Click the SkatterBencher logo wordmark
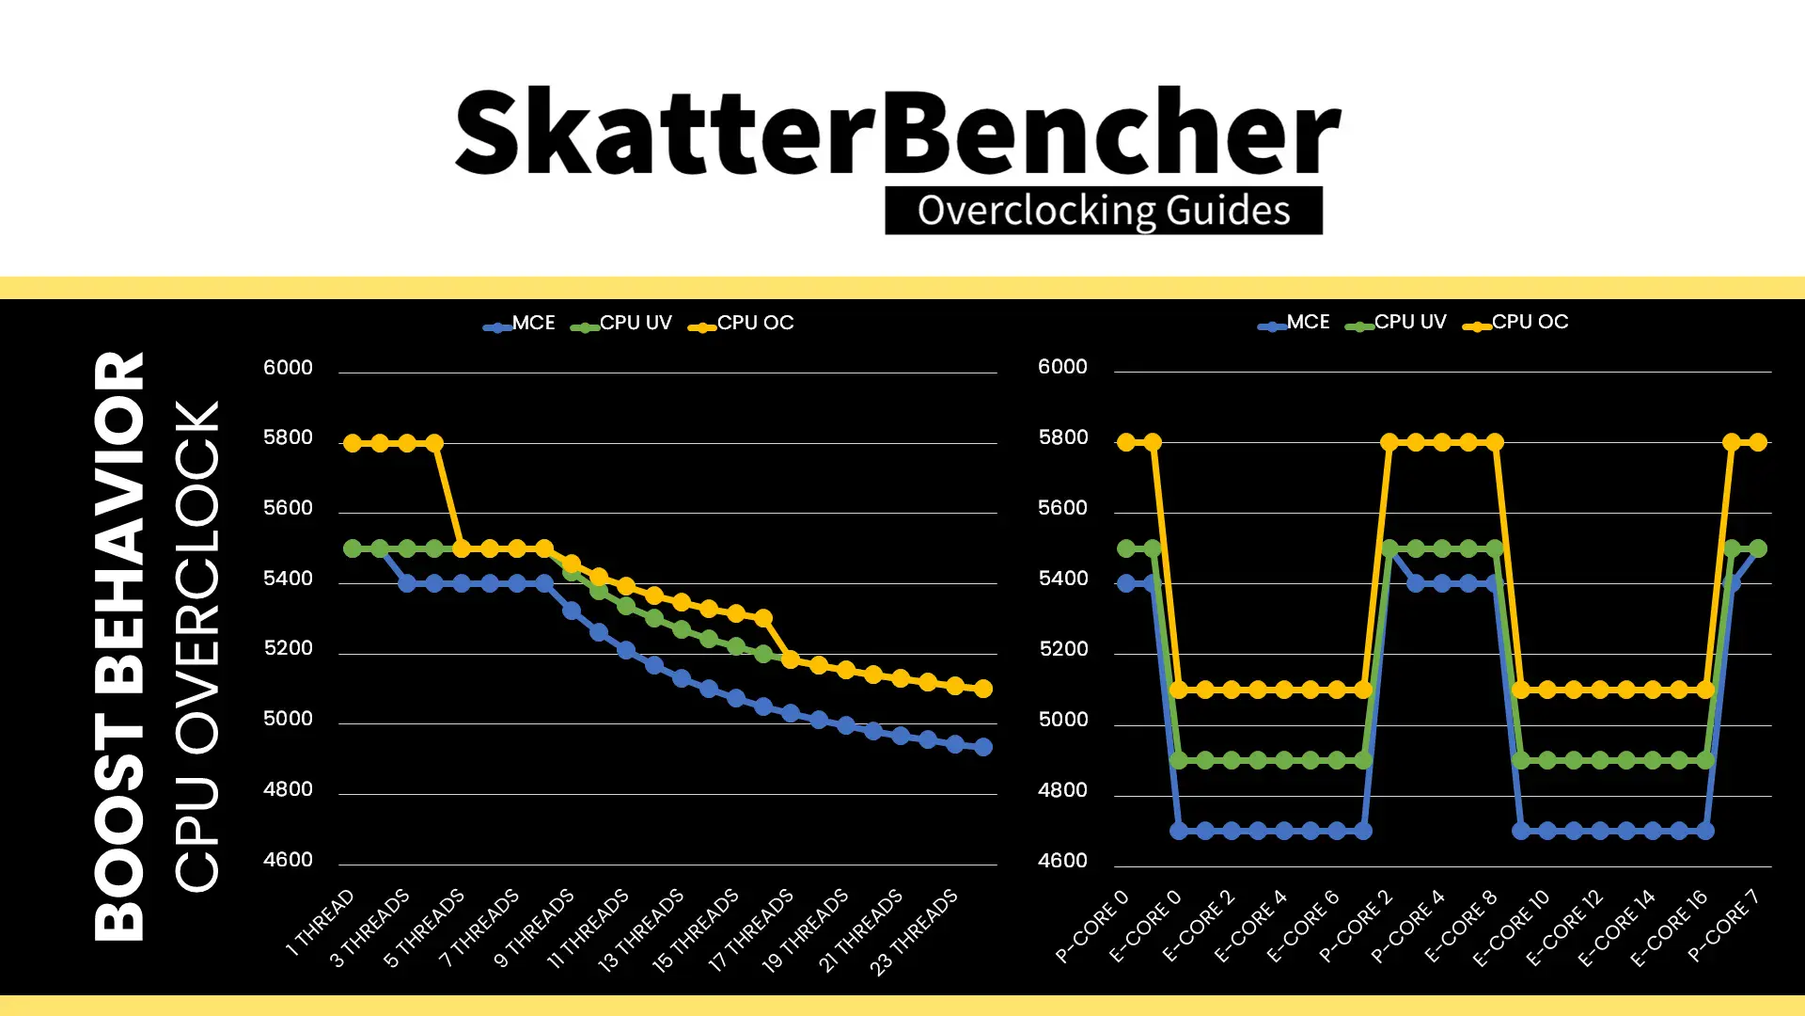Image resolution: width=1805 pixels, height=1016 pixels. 898,132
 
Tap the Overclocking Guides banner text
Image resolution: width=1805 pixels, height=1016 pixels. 1104,211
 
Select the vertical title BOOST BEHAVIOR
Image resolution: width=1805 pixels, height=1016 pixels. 119,646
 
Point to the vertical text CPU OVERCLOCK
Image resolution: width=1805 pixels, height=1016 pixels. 196,646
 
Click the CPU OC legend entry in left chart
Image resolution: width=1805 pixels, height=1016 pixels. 742,324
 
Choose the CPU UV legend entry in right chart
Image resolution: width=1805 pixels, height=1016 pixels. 1396,323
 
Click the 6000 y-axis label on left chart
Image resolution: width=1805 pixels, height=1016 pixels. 288,368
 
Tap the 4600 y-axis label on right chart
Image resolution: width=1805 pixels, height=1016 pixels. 1062,861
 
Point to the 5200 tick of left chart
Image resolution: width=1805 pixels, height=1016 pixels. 288,649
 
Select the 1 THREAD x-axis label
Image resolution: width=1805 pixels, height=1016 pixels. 321,923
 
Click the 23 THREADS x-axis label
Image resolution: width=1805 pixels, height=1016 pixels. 914,931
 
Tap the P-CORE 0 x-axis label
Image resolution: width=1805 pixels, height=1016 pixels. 1091,926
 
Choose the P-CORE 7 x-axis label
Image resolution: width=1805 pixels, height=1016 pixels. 1723,926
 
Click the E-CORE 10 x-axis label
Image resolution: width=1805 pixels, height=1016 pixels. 1511,929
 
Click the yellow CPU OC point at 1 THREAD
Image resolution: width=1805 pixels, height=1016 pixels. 353,443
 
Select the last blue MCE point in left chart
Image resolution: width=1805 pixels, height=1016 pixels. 983,747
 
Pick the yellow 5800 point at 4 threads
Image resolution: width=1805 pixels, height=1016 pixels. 434,443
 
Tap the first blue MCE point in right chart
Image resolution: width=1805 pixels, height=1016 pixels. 1126,583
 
